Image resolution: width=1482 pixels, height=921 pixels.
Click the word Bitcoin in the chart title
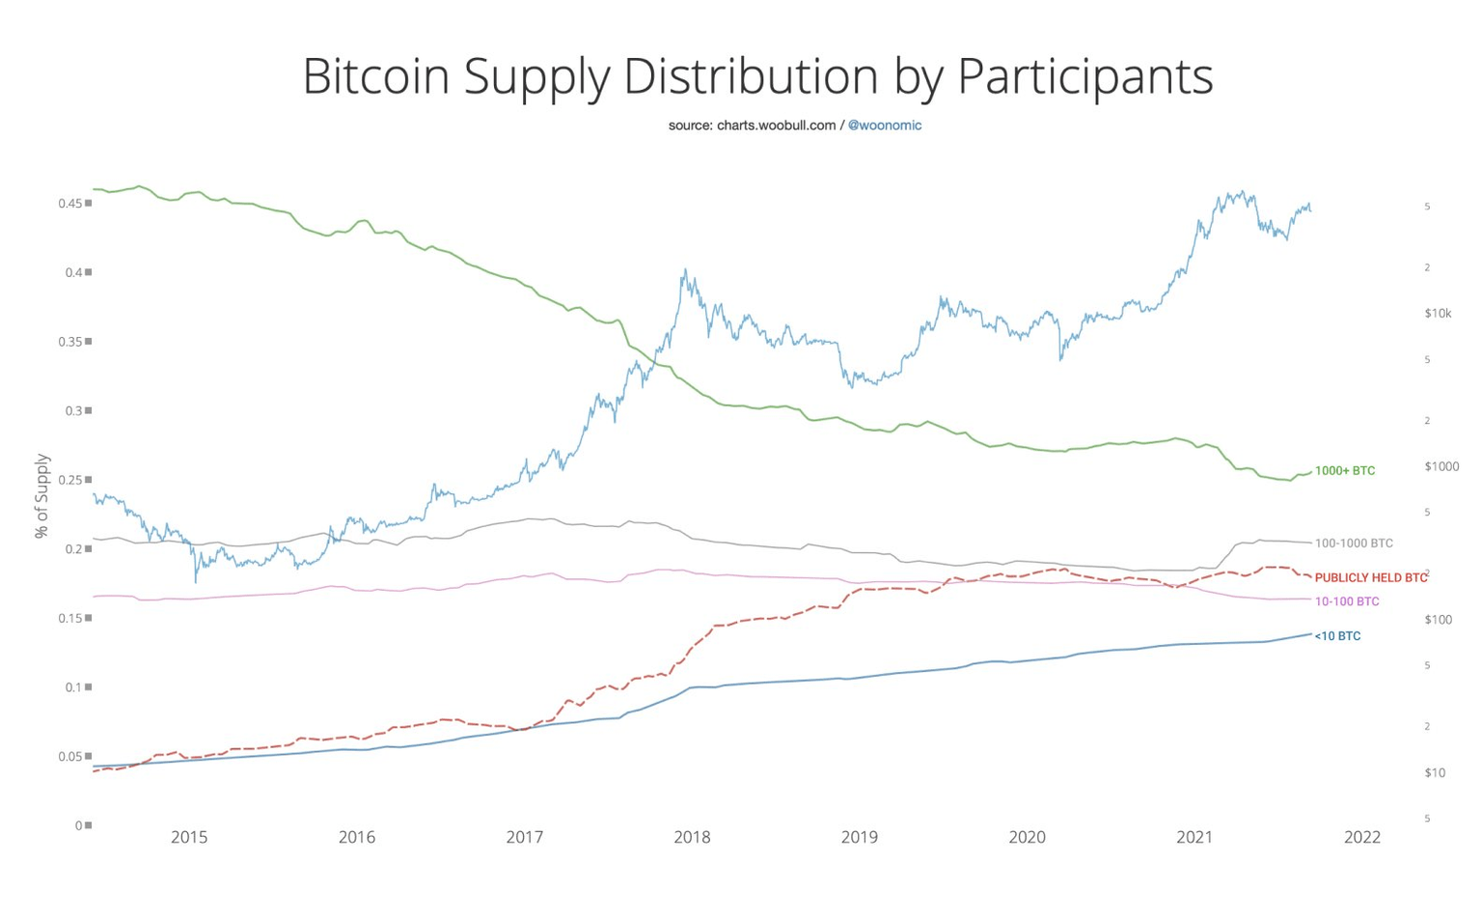[x=375, y=76]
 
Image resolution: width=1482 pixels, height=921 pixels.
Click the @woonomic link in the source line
[x=884, y=126]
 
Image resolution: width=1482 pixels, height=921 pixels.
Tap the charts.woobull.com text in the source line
[x=776, y=126]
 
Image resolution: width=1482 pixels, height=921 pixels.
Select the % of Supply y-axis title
[x=41, y=495]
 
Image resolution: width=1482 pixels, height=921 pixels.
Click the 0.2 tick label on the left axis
[x=73, y=548]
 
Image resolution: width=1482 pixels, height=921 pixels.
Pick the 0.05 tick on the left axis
[x=69, y=756]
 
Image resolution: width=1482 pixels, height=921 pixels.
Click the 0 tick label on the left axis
[x=78, y=825]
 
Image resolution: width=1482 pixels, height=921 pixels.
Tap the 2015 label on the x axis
[x=189, y=837]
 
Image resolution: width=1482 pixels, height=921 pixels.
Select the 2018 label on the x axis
[x=692, y=837]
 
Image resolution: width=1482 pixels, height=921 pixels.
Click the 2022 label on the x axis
[x=1361, y=837]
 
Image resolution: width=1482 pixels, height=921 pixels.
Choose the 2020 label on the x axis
[x=1027, y=837]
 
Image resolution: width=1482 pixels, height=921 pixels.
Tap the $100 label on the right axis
[x=1438, y=619]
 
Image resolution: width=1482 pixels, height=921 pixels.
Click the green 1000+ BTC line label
[x=1344, y=471]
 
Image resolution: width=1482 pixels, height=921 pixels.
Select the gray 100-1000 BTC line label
[x=1353, y=544]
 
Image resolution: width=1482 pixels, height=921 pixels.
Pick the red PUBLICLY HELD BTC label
[x=1370, y=578]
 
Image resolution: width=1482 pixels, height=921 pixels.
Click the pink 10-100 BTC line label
[x=1346, y=601]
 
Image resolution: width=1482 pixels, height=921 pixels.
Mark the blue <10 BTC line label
[x=1337, y=636]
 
